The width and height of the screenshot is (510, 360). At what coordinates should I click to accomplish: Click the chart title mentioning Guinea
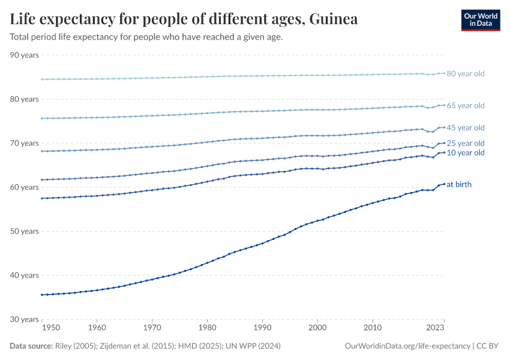point(184,19)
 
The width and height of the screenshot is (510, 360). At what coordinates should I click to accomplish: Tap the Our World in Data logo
point(480,20)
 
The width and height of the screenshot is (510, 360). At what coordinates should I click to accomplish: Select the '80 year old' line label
point(465,74)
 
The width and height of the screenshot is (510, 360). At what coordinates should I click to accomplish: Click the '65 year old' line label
point(465,106)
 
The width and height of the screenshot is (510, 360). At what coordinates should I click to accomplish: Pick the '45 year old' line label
point(465,128)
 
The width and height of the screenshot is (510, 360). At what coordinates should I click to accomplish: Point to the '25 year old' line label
point(465,143)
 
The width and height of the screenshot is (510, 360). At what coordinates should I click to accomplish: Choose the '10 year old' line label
point(465,153)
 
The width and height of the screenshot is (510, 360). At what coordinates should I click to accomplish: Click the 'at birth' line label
point(459,184)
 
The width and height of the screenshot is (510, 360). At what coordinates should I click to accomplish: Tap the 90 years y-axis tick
point(25,55)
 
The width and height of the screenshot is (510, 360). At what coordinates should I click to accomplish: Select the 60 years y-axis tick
point(25,187)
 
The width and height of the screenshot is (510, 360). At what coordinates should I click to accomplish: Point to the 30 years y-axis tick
point(25,319)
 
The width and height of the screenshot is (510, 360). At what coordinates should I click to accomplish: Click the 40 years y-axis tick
point(25,275)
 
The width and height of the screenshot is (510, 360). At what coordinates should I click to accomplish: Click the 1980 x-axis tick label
point(207,328)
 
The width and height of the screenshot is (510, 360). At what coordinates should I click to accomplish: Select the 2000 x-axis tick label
point(317,328)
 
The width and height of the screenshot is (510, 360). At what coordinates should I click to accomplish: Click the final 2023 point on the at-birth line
point(444,184)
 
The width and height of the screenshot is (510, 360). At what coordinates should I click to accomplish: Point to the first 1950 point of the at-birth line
point(41,295)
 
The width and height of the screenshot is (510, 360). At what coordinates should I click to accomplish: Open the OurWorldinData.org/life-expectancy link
point(409,346)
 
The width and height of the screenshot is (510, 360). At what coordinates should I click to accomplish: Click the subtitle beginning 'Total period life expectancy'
point(146,37)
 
